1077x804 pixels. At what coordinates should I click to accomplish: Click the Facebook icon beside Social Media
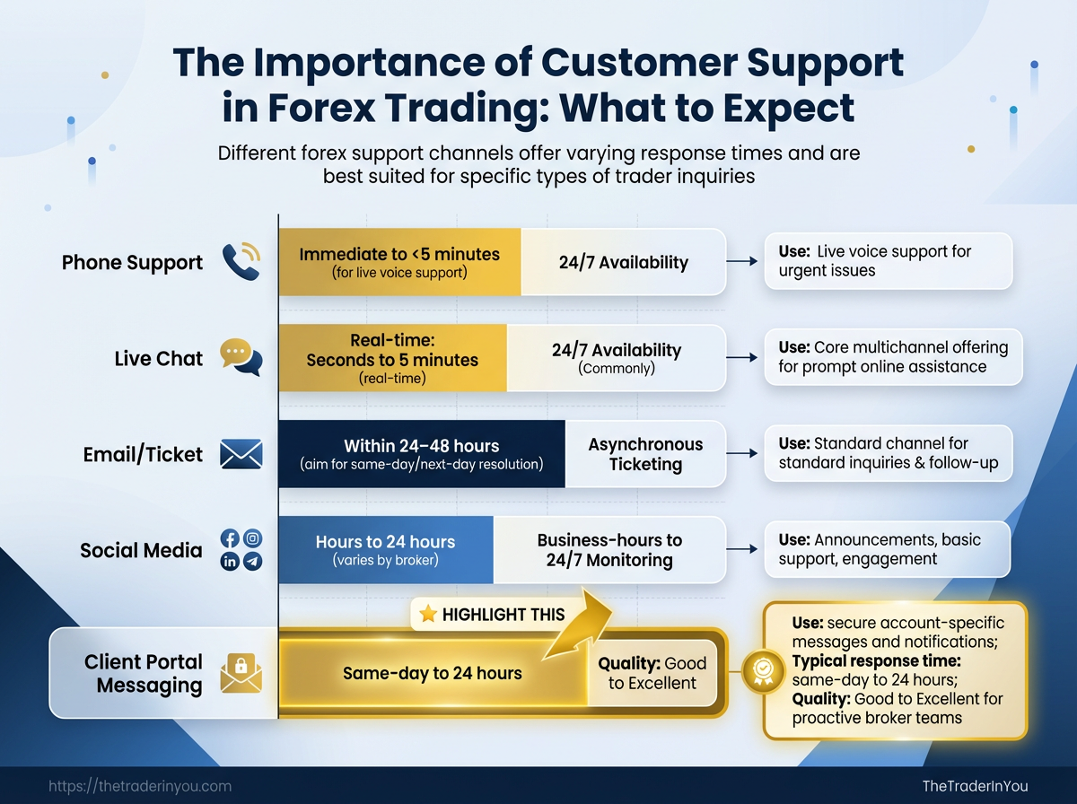pos(230,538)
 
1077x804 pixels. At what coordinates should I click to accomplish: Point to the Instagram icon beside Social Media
pos(253,538)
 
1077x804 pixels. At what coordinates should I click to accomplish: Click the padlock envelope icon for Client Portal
pos(240,673)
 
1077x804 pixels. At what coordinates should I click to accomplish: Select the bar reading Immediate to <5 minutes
pos(399,262)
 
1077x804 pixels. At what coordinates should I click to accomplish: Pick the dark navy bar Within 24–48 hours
pos(421,454)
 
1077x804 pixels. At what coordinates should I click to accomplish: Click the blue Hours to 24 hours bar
pos(385,549)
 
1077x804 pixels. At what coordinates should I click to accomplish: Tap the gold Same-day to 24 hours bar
pos(432,673)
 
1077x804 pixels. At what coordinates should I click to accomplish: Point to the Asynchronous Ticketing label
pos(645,454)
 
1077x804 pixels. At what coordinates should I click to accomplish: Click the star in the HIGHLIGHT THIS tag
pos(428,615)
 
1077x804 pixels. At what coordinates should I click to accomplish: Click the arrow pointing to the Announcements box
pos(739,549)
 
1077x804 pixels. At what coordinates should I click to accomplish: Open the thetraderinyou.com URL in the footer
pos(140,786)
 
